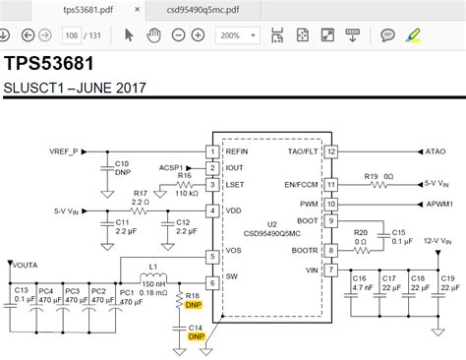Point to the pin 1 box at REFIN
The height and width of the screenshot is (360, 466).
211,152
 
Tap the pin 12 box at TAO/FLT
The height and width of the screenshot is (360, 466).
331,152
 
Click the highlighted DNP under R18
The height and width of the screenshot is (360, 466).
194,306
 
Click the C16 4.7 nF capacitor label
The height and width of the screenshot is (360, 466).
361,284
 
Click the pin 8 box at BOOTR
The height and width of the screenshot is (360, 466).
331,251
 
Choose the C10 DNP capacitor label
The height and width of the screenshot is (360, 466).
123,168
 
